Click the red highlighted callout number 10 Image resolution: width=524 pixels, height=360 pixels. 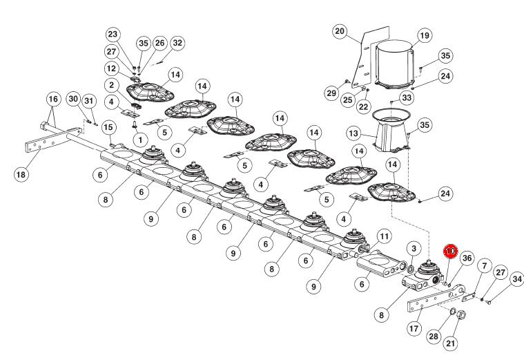451,251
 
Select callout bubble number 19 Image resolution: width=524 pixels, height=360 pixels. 425,35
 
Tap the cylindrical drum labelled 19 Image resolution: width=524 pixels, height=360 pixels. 395,64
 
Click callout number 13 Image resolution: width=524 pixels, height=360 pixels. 353,133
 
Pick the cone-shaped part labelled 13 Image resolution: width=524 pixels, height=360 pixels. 391,131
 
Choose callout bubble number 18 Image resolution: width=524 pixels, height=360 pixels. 21,174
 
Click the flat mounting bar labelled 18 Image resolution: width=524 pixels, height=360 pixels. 53,140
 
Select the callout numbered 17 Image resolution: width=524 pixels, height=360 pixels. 414,328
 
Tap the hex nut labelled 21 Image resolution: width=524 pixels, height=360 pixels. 461,314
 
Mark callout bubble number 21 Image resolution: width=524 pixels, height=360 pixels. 451,343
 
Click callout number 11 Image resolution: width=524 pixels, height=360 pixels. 384,236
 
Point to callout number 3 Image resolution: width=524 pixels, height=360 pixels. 414,248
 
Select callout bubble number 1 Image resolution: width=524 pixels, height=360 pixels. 140,140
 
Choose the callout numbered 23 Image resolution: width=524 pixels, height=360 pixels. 113,34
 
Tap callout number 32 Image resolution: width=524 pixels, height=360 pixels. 177,43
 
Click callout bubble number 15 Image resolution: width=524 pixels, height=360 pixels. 108,127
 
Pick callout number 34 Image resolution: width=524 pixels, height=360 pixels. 517,278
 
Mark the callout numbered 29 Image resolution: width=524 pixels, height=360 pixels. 331,93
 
